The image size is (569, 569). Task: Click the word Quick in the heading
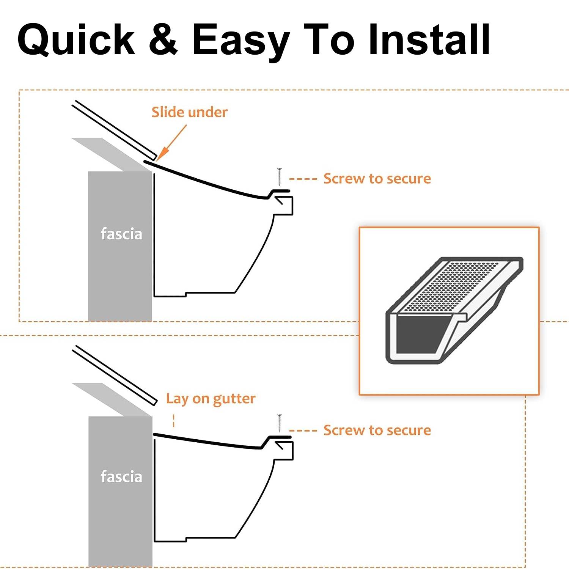(76, 40)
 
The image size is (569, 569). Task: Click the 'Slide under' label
(189, 112)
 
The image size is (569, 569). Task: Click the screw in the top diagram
(280, 176)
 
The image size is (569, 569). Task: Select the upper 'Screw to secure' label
(377, 179)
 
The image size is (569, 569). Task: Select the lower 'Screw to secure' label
(377, 431)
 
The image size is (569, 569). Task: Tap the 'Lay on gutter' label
(211, 399)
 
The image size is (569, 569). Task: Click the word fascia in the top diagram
(121, 234)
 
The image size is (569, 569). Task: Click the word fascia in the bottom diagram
(121, 477)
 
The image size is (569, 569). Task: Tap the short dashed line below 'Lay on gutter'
(174, 421)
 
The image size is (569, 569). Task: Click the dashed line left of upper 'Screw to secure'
(303, 179)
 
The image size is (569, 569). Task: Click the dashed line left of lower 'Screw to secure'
(303, 431)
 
